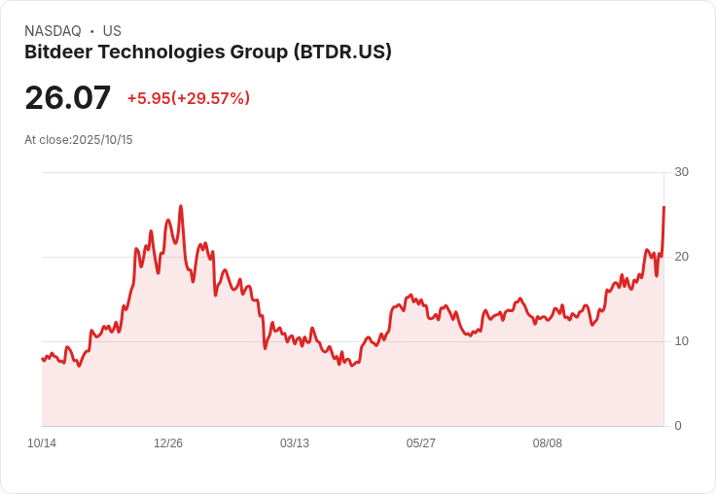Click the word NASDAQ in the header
(x=53, y=31)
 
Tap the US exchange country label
(x=112, y=31)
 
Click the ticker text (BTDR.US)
(x=342, y=53)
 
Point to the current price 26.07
(x=68, y=98)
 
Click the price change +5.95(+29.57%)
(x=189, y=98)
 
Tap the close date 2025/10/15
(x=102, y=140)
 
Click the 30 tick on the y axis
(x=681, y=172)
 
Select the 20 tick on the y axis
(x=681, y=257)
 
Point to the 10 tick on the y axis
(x=681, y=341)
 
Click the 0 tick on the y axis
(x=678, y=426)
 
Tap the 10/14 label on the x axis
(x=42, y=443)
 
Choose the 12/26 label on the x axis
(x=168, y=443)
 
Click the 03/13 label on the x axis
(x=295, y=443)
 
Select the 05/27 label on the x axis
(x=421, y=443)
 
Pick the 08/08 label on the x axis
(x=548, y=443)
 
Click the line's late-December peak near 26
(x=181, y=206)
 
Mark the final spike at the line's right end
(x=663, y=207)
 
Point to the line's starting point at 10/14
(x=43, y=359)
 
